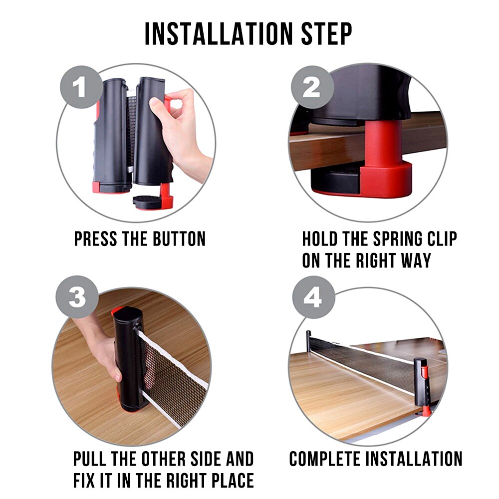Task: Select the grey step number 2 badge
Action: [312, 88]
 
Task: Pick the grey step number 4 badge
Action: [312, 298]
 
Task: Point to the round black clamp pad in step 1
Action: [145, 201]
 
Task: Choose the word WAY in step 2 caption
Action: [414, 261]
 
